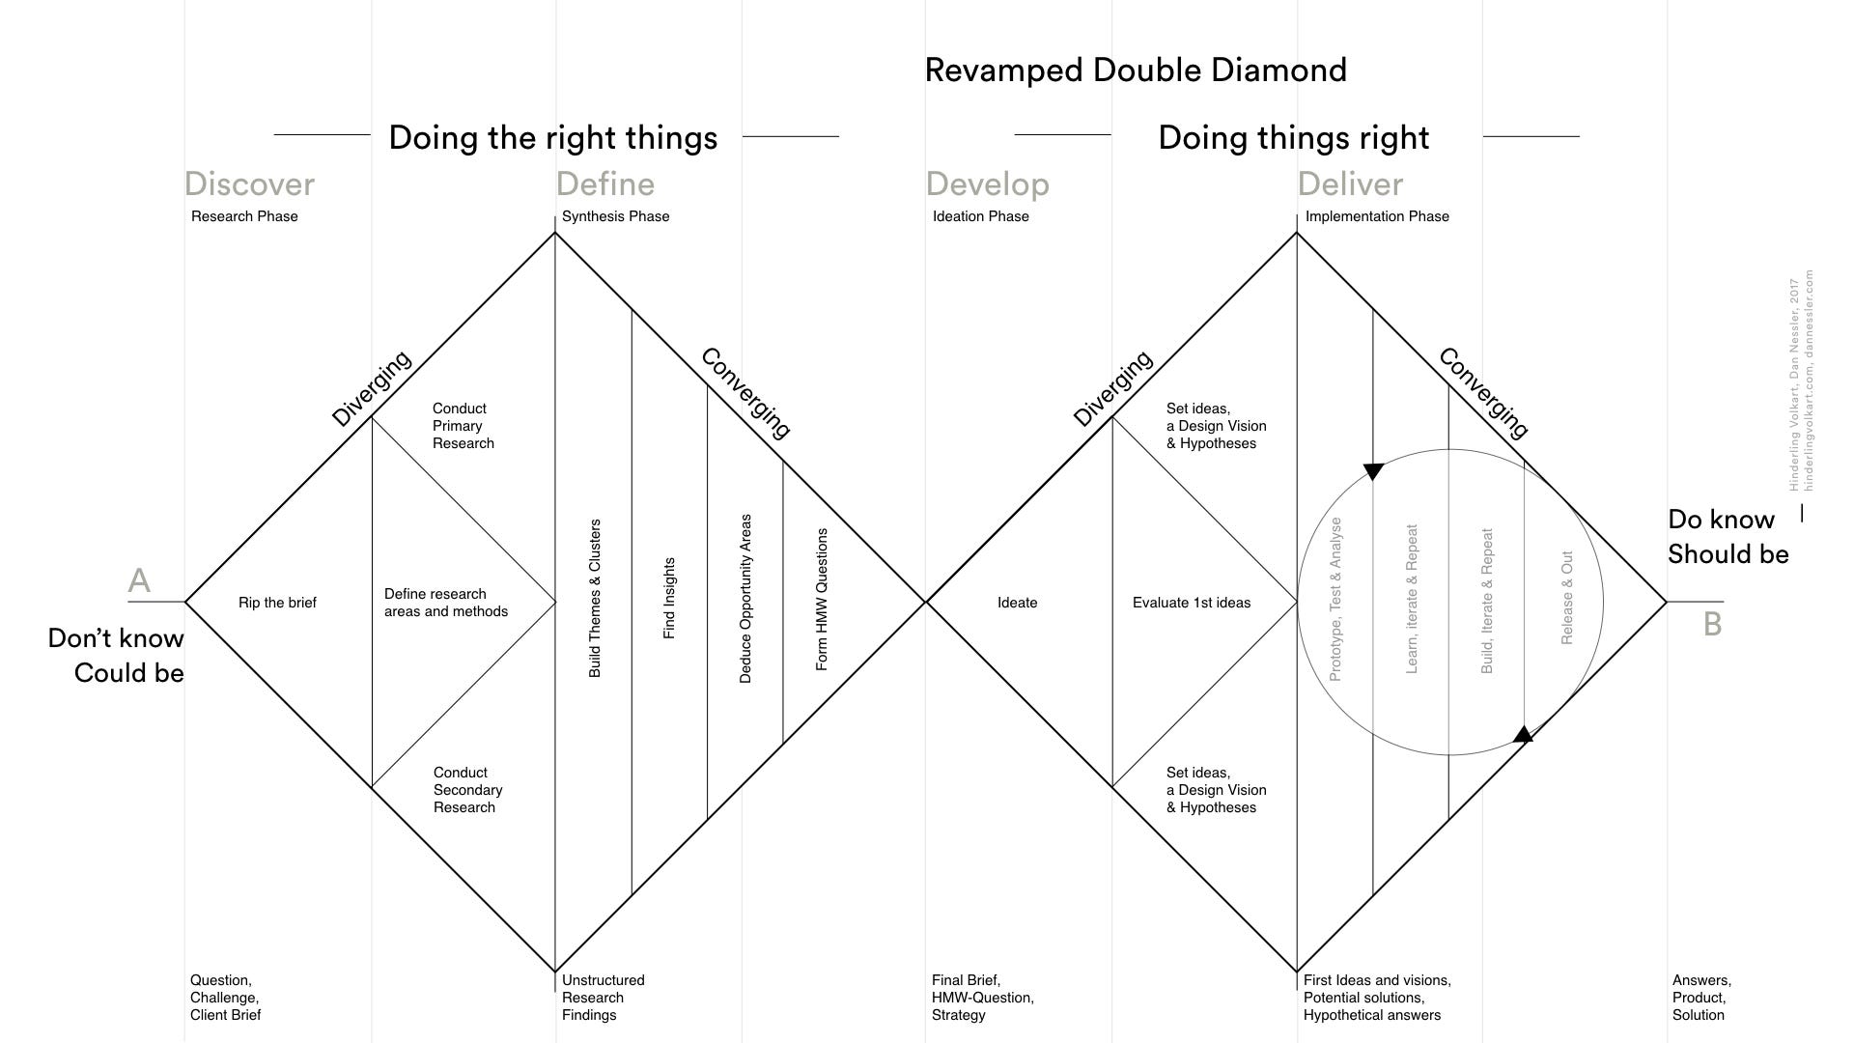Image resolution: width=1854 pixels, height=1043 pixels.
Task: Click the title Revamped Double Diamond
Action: click(1136, 70)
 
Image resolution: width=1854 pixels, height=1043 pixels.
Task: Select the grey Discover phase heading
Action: click(249, 183)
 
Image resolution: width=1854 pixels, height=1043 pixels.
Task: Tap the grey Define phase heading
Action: click(604, 183)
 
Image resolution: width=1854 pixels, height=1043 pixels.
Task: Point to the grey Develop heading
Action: click(987, 183)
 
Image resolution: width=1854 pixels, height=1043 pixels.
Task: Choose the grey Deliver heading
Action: click(1350, 183)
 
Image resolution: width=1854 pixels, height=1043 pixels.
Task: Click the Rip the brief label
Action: click(277, 603)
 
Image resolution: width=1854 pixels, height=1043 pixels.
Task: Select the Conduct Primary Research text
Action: click(463, 426)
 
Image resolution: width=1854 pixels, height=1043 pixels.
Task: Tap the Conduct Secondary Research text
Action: click(467, 790)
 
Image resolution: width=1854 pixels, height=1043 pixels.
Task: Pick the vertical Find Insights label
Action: click(669, 598)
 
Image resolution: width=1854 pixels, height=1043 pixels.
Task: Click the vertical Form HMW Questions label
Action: click(822, 599)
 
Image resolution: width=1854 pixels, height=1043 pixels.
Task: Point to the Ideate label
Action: click(1017, 603)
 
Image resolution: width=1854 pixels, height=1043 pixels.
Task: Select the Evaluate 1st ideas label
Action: click(1191, 603)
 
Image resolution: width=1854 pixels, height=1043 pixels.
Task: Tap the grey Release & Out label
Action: click(1567, 598)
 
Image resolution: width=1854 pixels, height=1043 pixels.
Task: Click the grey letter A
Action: click(139, 580)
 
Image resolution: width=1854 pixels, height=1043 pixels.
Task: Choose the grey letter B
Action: click(1712, 624)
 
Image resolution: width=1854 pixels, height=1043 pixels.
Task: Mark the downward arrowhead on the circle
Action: click(1373, 471)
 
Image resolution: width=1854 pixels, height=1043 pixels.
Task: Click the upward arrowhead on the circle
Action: click(1523, 735)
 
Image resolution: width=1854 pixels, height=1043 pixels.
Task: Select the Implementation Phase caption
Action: click(1377, 216)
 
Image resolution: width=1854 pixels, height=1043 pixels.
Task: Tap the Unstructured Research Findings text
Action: click(603, 998)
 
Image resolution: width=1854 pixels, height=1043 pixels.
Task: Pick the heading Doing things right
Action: click(1293, 137)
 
